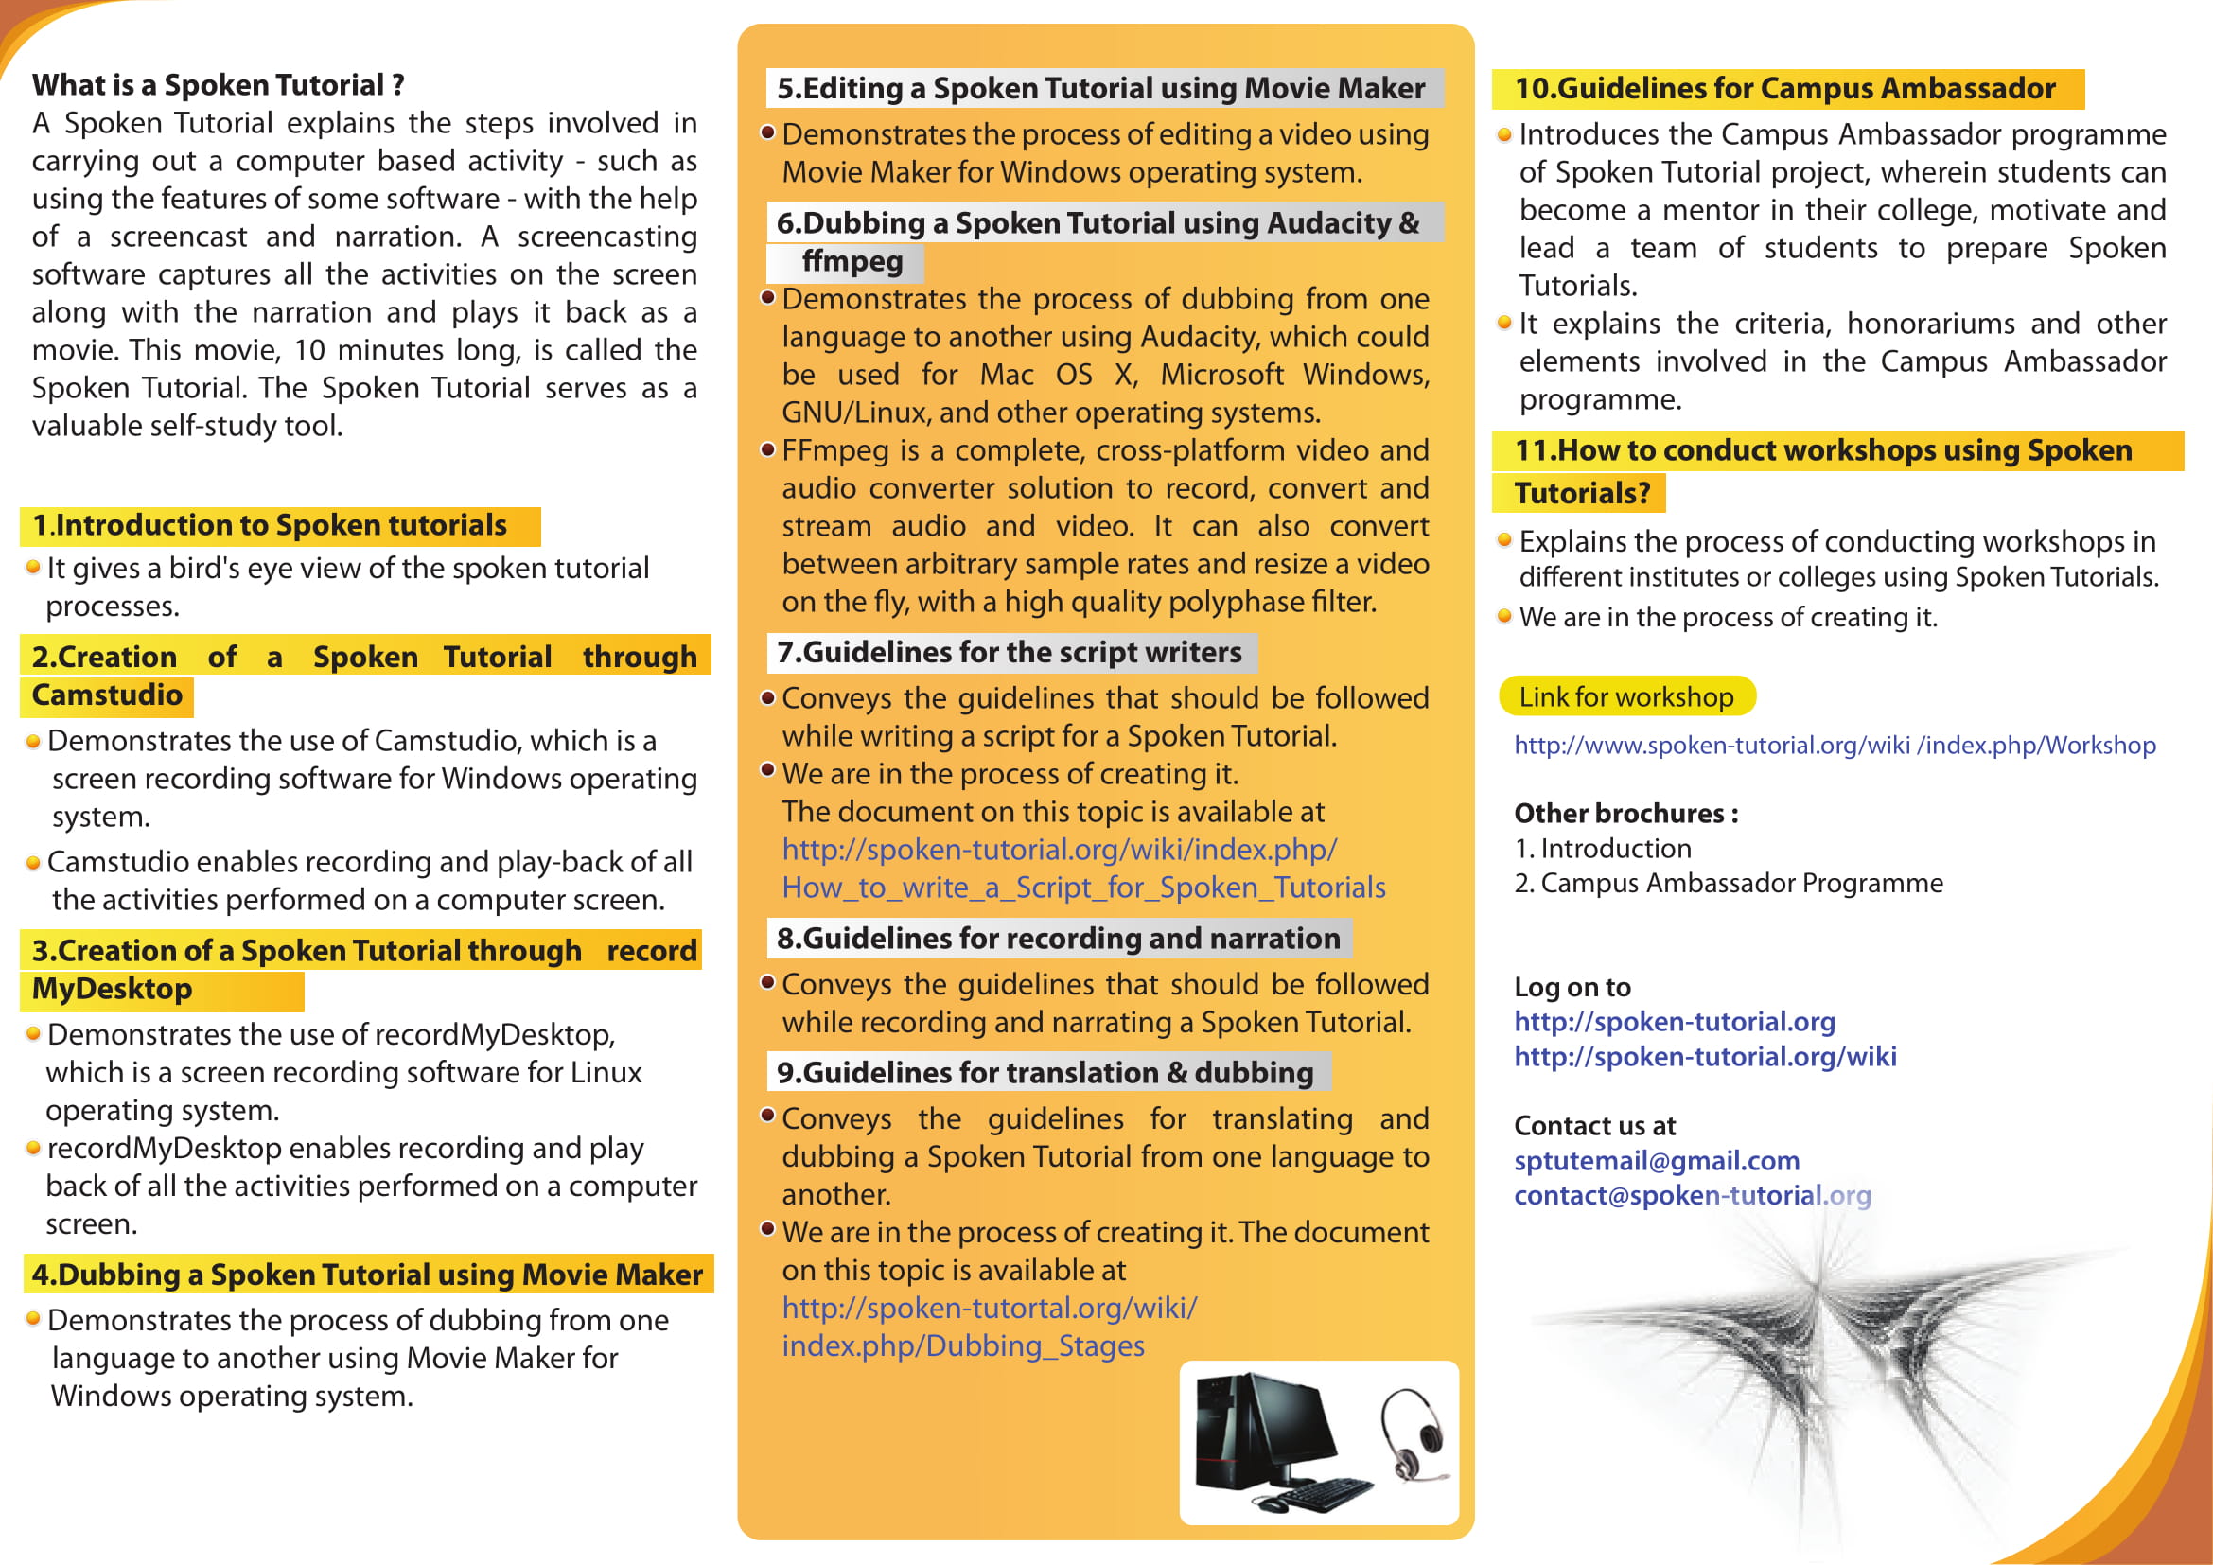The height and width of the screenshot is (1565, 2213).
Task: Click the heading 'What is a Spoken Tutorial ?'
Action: pyautogui.click(x=218, y=85)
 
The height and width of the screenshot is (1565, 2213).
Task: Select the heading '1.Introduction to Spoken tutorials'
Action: pyautogui.click(x=270, y=525)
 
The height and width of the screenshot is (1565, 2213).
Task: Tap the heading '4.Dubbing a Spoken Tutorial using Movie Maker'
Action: pyautogui.click(x=366, y=1274)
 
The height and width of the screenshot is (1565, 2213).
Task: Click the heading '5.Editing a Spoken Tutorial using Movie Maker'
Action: pyautogui.click(x=1100, y=88)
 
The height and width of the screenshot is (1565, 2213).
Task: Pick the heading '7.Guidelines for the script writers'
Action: pyautogui.click(x=1010, y=653)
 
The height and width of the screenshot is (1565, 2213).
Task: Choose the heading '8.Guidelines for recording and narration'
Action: pyautogui.click(x=1059, y=938)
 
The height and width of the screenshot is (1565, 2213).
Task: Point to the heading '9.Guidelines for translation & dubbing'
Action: pyautogui.click(x=1045, y=1073)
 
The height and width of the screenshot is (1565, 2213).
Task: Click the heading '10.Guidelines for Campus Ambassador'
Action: pyautogui.click(x=1785, y=88)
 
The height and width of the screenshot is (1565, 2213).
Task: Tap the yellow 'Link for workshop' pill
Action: pyautogui.click(x=1626, y=696)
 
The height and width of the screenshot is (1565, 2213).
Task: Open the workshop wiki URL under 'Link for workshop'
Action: pyautogui.click(x=1835, y=745)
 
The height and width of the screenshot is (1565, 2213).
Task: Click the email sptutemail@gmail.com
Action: pyautogui.click(x=1656, y=1160)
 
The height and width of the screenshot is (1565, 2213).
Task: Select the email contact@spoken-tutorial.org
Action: pyautogui.click(x=1692, y=1195)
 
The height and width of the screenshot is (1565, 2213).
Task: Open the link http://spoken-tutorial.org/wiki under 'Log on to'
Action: pyautogui.click(x=1704, y=1056)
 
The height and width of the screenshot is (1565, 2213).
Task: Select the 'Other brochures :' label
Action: pyautogui.click(x=1626, y=814)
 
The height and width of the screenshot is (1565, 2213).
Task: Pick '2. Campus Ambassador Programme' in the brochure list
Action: pyautogui.click(x=1729, y=883)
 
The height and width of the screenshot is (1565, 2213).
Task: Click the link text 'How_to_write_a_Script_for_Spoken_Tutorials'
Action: pyautogui.click(x=1083, y=887)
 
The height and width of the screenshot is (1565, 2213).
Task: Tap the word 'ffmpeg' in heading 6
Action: pyautogui.click(x=852, y=261)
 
